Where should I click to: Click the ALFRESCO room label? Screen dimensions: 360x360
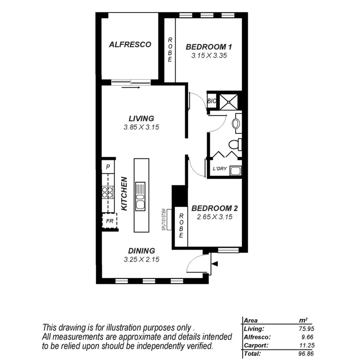(130, 45)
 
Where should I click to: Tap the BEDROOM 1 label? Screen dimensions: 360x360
(209, 47)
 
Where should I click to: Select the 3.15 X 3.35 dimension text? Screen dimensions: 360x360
(209, 56)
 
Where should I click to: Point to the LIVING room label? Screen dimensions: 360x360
(141, 119)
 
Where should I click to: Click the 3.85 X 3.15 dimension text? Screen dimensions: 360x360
(141, 127)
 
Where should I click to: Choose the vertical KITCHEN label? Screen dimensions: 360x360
(124, 194)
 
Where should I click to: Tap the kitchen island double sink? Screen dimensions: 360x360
(141, 196)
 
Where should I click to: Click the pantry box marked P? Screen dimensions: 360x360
(108, 167)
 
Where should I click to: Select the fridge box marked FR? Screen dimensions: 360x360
(109, 222)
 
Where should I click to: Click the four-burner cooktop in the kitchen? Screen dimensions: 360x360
(108, 192)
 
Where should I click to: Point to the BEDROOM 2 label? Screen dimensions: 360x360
(215, 208)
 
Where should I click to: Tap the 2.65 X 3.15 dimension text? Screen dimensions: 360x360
(215, 217)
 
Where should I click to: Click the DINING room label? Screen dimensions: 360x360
(141, 251)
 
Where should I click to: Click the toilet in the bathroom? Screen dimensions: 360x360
(235, 144)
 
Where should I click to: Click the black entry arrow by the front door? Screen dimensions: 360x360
(214, 264)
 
